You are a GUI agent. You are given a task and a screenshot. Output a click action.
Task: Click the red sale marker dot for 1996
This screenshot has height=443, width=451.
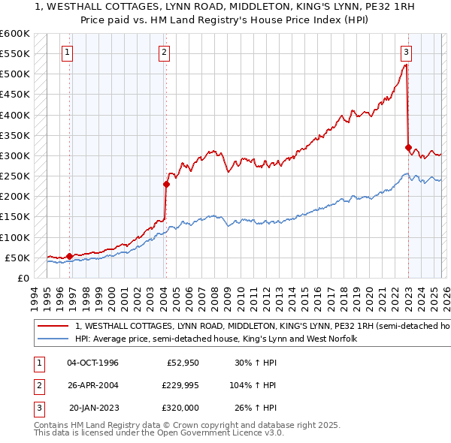(x=70, y=256)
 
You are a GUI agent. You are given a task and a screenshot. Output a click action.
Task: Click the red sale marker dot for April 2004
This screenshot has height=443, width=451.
(x=167, y=184)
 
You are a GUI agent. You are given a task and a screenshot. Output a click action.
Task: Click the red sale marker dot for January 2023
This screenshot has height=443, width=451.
(x=408, y=147)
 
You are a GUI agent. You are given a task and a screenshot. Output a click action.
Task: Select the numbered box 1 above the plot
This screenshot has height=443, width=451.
(x=68, y=53)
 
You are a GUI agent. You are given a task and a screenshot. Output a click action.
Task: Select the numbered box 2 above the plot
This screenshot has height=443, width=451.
(x=164, y=53)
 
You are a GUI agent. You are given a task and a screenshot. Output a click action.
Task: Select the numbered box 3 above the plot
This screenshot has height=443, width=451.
(x=406, y=53)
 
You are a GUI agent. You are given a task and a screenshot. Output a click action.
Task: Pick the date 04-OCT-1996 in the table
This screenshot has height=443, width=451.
(x=92, y=363)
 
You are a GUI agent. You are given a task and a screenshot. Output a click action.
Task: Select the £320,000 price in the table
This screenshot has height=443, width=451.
(x=180, y=408)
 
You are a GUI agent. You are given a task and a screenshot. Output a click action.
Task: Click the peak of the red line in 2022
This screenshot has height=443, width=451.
(x=406, y=65)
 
